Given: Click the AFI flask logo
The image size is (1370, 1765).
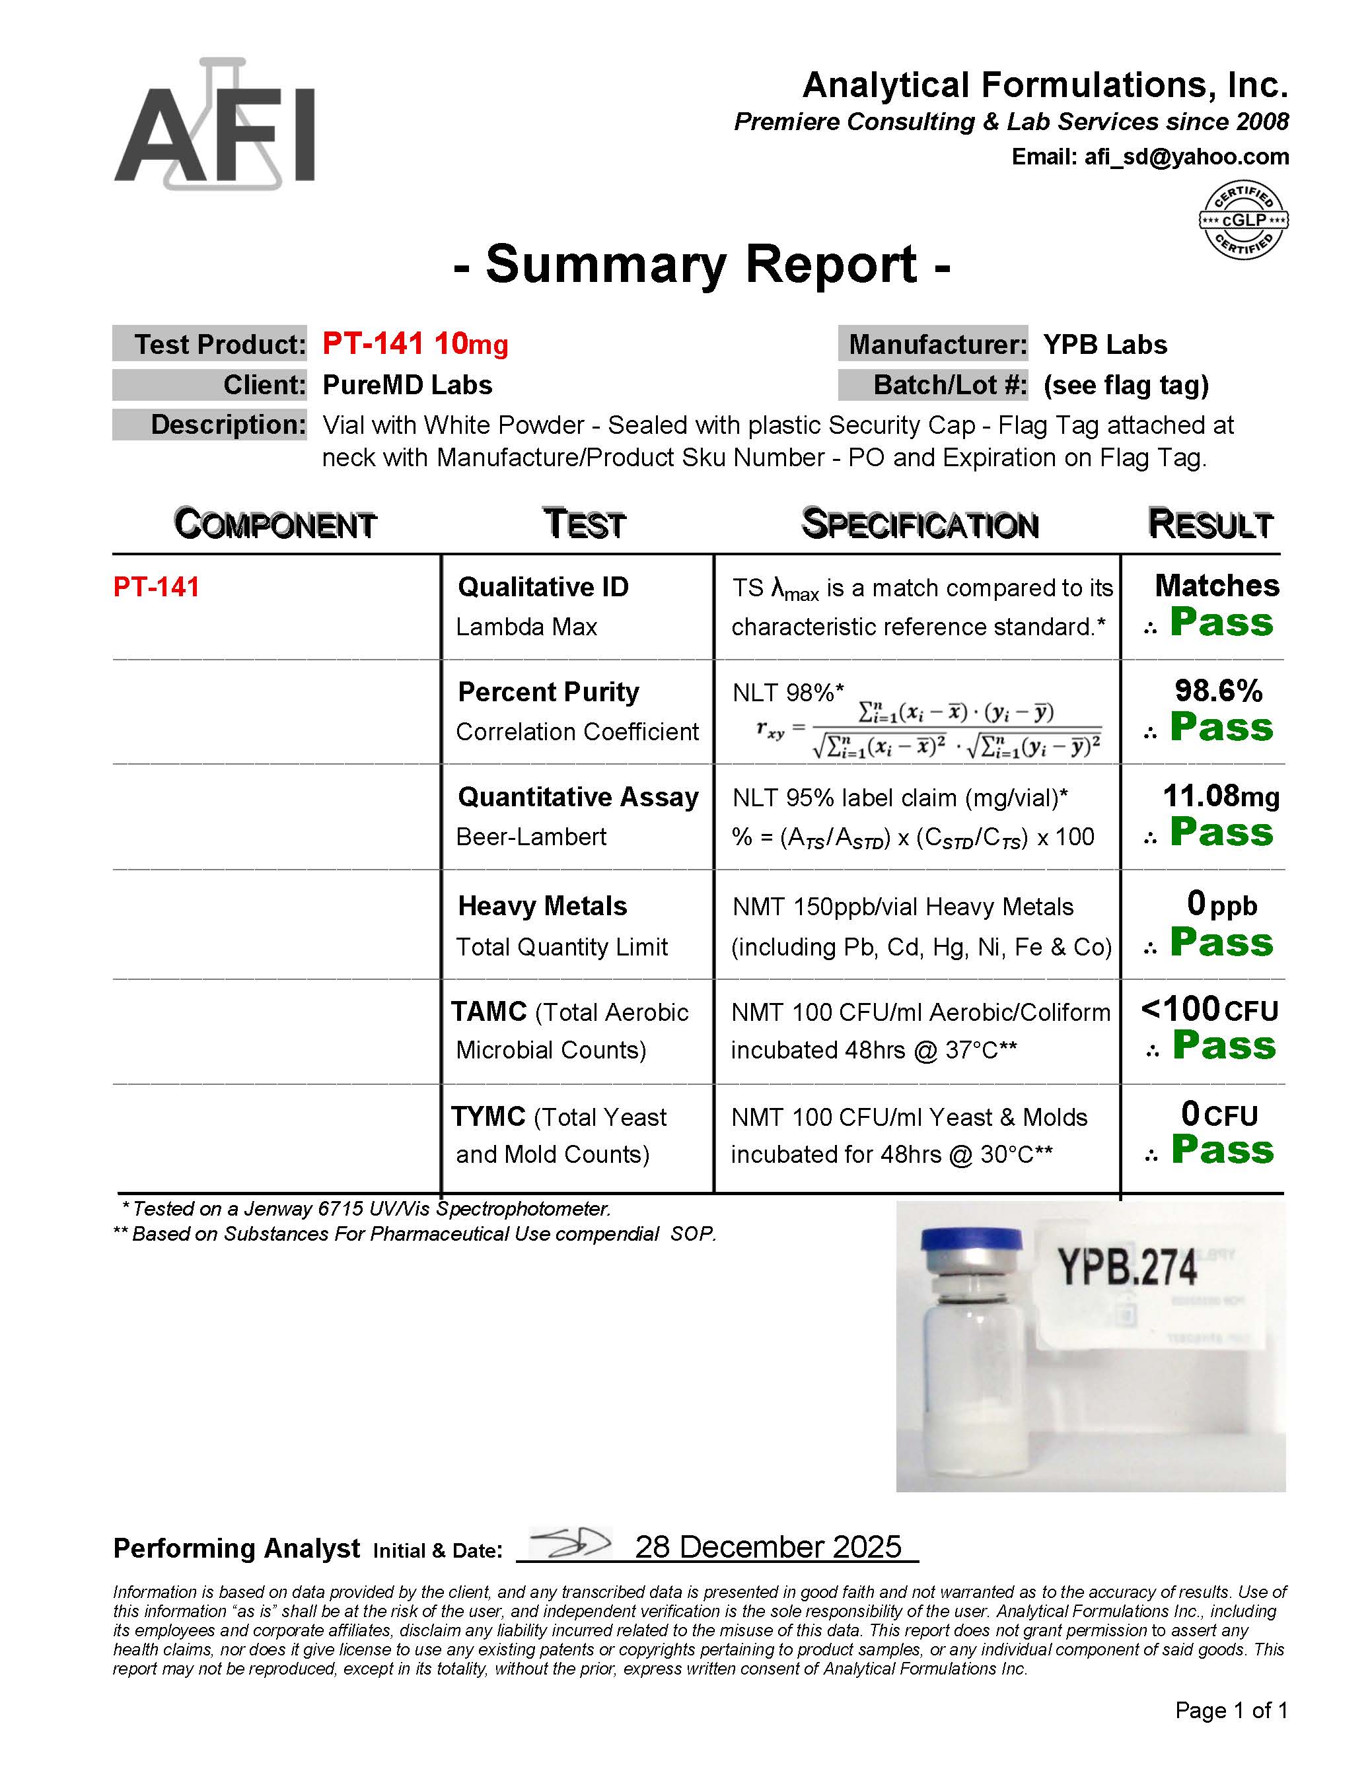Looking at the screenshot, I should pyautogui.click(x=215, y=125).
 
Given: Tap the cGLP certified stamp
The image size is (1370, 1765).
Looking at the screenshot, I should pyautogui.click(x=1243, y=220).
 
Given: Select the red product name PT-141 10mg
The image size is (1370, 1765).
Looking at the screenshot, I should pyautogui.click(x=415, y=343).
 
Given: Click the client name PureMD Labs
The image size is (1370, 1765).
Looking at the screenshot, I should pyautogui.click(x=408, y=385).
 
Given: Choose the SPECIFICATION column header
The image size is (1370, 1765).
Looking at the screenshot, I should pyautogui.click(x=919, y=524).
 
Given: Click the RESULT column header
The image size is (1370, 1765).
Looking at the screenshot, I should pyautogui.click(x=1210, y=524).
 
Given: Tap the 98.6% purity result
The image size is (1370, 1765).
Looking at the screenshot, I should pyautogui.click(x=1218, y=691).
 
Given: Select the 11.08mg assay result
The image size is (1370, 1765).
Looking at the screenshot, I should pyautogui.click(x=1221, y=796).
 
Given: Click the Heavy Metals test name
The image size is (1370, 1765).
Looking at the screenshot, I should pyautogui.click(x=542, y=906).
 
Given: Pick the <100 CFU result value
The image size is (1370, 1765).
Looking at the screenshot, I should pyautogui.click(x=1209, y=1010).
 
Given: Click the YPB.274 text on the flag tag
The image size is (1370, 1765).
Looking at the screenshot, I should pyautogui.click(x=1128, y=1266).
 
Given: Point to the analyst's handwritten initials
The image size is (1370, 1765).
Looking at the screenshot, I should pyautogui.click(x=571, y=1544).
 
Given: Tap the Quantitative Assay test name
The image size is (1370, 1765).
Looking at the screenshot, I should pyautogui.click(x=578, y=797).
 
